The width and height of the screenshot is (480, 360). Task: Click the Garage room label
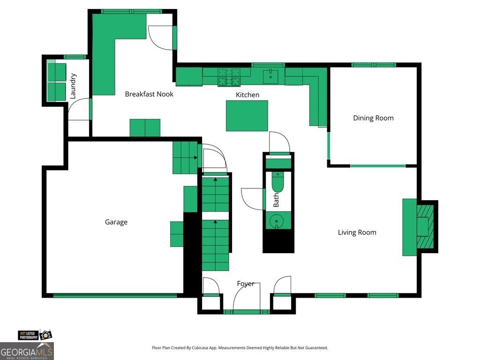[x=116, y=222]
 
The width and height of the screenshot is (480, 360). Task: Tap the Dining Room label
[x=373, y=118]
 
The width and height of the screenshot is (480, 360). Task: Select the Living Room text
[x=357, y=232]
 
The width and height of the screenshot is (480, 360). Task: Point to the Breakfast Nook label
[x=149, y=94]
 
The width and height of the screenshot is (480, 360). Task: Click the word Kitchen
[x=247, y=95]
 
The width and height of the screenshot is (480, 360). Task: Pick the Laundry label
[x=73, y=86]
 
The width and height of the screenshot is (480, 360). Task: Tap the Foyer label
[x=246, y=284]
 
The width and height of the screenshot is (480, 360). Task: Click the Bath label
[x=276, y=200]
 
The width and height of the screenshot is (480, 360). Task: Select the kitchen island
[x=247, y=116]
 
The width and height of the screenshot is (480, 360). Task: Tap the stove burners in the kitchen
[x=229, y=77]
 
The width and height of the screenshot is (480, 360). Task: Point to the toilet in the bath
[x=277, y=182]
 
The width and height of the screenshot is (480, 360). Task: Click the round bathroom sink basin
[x=277, y=221]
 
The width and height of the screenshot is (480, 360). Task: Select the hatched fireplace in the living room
[x=426, y=226]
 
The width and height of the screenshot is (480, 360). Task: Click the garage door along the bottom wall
[x=115, y=295]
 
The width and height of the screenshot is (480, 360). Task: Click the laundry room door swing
[x=79, y=109]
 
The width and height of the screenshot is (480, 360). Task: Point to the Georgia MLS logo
[x=27, y=351]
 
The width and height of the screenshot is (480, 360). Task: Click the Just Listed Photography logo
[x=35, y=335]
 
